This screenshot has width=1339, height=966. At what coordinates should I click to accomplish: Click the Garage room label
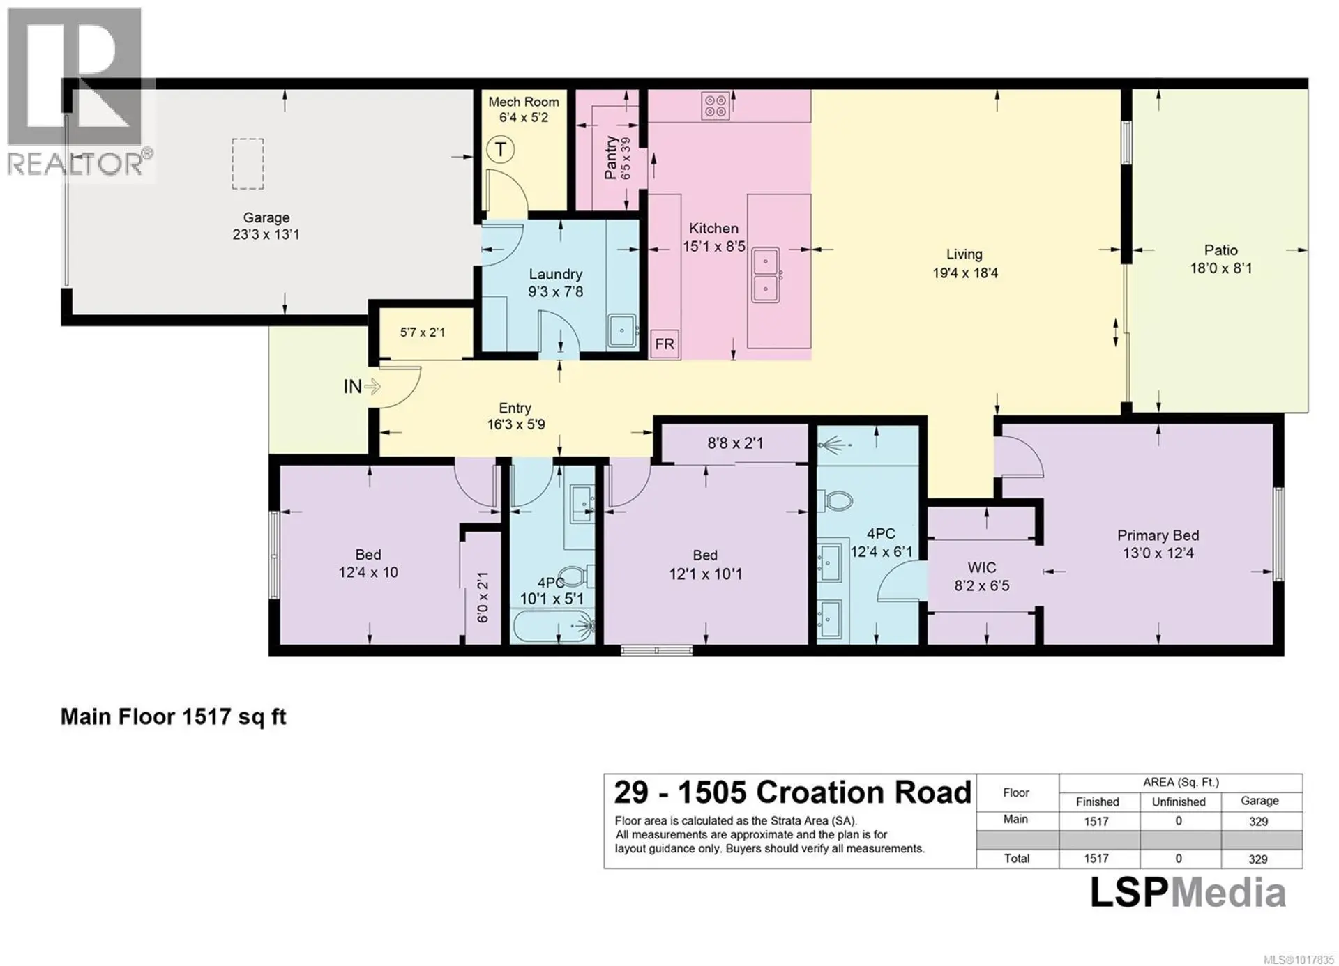266,218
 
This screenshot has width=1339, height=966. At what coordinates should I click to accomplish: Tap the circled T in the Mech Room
500,150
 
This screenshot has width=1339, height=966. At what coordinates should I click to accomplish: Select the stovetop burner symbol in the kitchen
716,106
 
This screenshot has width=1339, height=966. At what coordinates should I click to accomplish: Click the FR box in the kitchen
665,344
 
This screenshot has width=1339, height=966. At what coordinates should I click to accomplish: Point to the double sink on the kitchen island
766,274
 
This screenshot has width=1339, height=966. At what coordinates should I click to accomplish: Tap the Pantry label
611,158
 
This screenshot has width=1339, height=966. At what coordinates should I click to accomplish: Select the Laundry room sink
621,330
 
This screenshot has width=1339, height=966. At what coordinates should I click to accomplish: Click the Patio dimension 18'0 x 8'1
1220,268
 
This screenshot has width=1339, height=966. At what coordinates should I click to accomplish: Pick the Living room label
964,255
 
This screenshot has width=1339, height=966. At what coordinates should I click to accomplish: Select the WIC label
981,568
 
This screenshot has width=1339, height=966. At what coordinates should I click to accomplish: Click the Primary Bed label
1158,535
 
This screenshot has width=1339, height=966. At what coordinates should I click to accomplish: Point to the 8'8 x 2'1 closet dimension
735,443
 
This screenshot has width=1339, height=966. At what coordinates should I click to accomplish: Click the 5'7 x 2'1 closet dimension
422,332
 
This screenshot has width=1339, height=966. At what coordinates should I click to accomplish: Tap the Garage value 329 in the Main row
1258,821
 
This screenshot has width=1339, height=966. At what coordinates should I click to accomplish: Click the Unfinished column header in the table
1178,802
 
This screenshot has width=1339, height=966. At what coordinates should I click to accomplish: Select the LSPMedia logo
1188,894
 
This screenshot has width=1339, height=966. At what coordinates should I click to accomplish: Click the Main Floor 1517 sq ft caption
173,716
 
